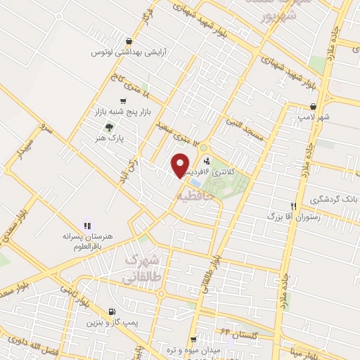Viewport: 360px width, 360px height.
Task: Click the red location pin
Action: pos(181,165)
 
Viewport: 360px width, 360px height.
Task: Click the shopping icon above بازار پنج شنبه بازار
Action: pos(104,101)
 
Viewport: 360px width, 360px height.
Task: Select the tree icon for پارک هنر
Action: pos(108,127)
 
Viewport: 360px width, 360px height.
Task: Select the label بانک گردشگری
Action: pos(331,199)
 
